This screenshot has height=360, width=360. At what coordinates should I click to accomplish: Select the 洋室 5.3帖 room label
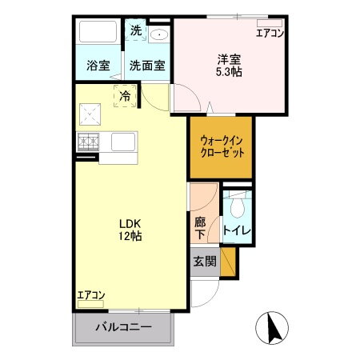tap(230, 65)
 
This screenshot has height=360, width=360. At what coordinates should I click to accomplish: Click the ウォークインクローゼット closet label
tap(221, 146)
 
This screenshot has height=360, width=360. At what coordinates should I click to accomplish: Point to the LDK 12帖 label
tap(131, 230)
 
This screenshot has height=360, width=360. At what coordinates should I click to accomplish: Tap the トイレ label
tap(237, 231)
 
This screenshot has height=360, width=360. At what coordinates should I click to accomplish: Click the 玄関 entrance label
tap(205, 261)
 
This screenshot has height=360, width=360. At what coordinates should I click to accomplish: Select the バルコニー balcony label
tap(124, 326)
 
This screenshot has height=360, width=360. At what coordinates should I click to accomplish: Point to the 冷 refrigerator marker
tap(125, 95)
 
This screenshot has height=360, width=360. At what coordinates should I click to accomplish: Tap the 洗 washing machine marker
tap(136, 30)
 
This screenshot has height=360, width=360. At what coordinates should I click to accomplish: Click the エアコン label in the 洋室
tap(270, 33)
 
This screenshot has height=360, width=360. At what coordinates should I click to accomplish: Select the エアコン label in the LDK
tap(91, 295)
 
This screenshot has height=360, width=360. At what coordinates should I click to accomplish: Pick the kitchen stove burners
tap(88, 142)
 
